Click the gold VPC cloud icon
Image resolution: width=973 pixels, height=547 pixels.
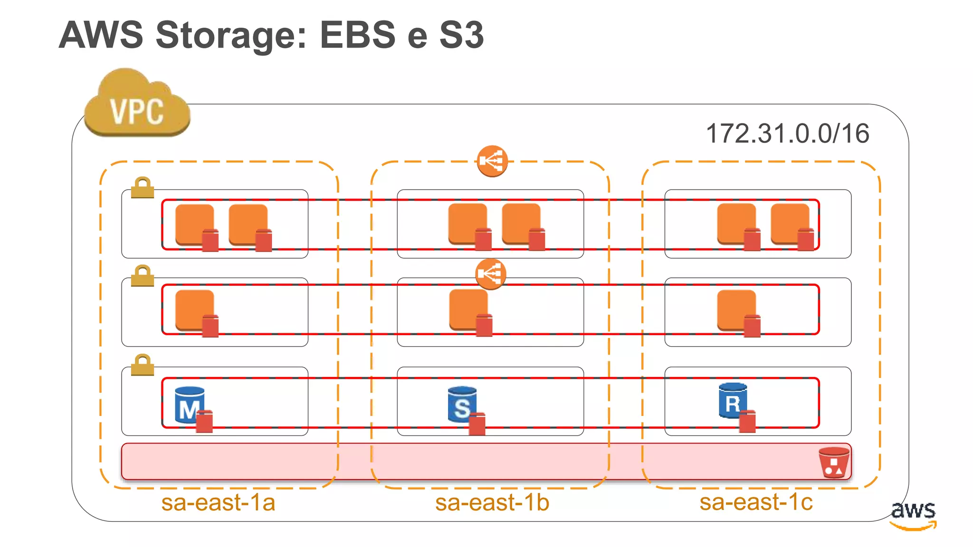pos(137,105)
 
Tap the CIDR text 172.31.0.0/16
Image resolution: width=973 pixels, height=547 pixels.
pos(787,133)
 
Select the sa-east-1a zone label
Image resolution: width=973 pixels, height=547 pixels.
pos(218,502)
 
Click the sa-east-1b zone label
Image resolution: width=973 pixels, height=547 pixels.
pos(492,502)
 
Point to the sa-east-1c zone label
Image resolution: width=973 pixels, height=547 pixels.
pos(756,502)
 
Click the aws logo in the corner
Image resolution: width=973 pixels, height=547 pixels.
pos(913,514)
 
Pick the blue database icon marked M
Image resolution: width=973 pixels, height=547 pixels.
pos(190,405)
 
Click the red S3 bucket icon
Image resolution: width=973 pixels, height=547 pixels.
pos(834,462)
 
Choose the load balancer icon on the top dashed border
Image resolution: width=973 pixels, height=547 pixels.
pos(492,161)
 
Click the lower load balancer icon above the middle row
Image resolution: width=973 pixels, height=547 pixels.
pos(491,274)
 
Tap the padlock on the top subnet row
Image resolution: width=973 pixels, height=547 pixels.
pos(143,188)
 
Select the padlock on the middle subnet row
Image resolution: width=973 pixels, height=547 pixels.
pos(143,276)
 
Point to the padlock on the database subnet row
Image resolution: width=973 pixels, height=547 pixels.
pos(143,365)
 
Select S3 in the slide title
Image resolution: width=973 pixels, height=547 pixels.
pos(461,35)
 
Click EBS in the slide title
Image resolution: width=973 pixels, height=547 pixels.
pos(357,35)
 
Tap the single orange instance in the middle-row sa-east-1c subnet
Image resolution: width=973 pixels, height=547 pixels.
pos(736,310)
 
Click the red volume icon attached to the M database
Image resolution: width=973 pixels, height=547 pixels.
pos(205,421)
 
